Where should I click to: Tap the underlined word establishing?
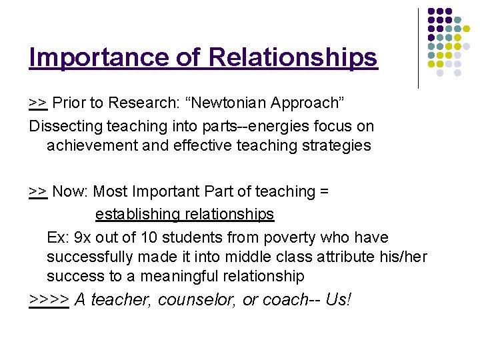(136, 214)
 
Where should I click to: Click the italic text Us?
(339, 299)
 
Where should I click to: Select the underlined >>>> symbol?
(49, 300)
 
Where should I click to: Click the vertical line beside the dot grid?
(418, 48)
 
